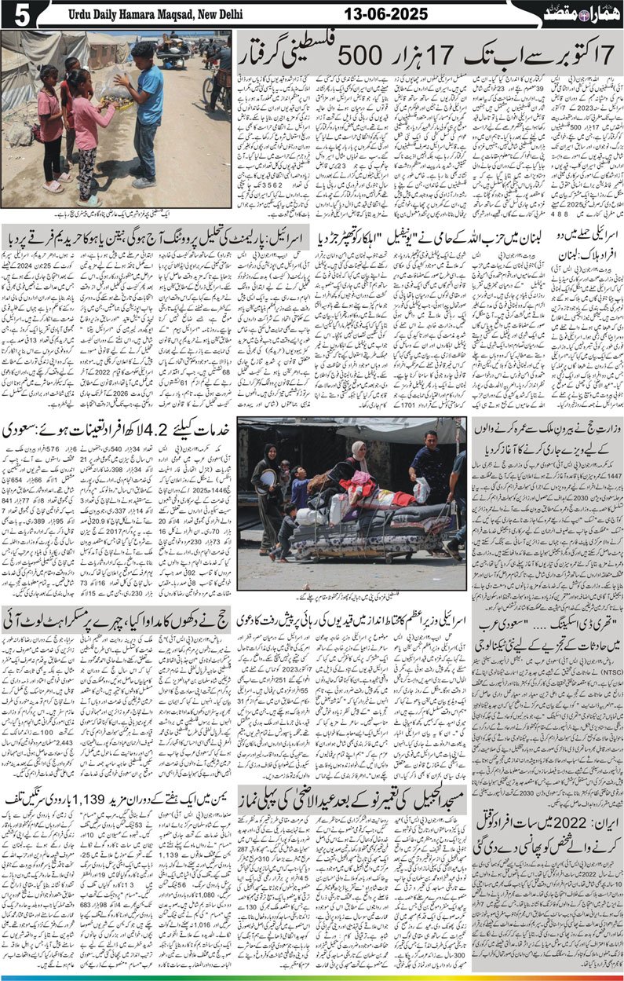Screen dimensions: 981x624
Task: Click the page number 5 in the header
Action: (16, 13)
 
